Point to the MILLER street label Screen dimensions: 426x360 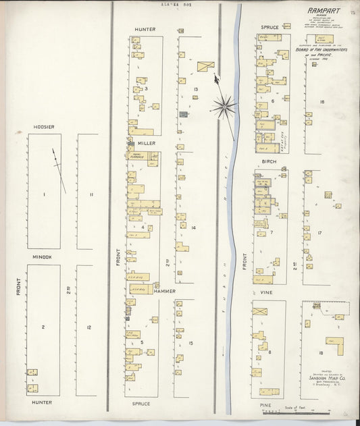point(147,143)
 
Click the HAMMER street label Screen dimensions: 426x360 point(164,291)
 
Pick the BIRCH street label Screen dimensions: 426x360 point(269,162)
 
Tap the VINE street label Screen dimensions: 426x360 point(265,292)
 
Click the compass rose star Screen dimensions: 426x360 point(223,105)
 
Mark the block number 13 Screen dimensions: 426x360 point(195,89)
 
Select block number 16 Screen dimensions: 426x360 point(322,101)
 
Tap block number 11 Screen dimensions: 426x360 point(91,194)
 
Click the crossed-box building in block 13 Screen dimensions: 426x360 point(206,65)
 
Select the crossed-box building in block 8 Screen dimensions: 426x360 point(260,311)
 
